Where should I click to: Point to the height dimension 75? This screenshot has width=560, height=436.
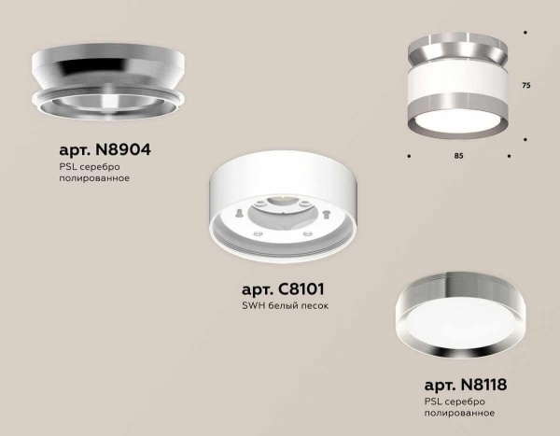(526, 86)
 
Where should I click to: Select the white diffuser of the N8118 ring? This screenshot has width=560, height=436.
(456, 325)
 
